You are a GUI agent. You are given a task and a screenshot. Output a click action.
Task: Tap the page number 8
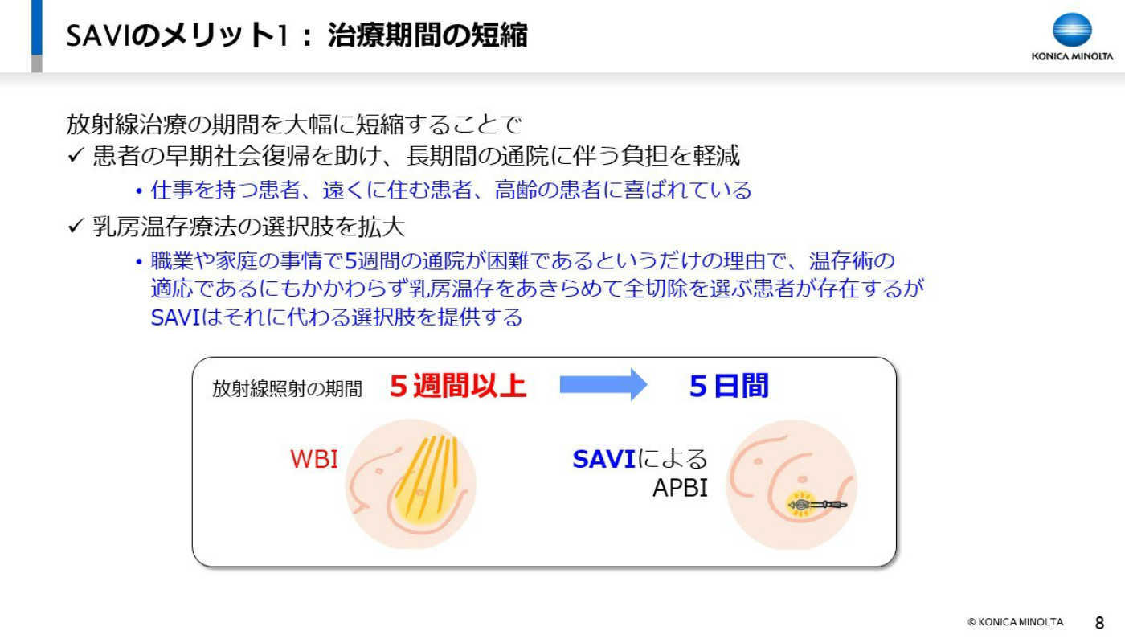point(1099,623)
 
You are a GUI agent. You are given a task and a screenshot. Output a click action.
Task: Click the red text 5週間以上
point(457,386)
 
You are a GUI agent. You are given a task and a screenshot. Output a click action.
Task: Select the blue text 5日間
point(729,386)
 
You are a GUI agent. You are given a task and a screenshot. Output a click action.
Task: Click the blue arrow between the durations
point(603,385)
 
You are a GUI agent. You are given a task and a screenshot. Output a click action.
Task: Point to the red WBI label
point(314,459)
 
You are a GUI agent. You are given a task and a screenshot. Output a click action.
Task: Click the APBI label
point(680,488)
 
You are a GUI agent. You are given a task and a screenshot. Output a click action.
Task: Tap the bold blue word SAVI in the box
point(603,459)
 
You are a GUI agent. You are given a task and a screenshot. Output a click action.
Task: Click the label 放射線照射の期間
point(287,389)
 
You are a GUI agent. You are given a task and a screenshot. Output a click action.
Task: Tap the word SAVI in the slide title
point(97,35)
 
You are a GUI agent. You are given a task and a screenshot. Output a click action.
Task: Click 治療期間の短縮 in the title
point(427,35)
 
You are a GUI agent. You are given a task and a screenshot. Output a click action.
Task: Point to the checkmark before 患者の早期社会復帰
point(76,155)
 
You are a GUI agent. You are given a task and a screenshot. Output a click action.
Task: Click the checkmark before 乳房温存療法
point(76,226)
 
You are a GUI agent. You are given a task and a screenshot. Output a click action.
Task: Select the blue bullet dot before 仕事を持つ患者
point(139,191)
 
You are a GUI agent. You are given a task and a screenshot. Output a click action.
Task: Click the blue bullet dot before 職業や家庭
point(139,262)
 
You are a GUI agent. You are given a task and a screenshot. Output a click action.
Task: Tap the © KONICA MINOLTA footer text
point(1015,622)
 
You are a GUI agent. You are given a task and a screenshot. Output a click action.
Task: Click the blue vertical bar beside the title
point(37,27)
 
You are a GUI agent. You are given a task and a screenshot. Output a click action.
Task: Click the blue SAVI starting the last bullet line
point(175,317)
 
